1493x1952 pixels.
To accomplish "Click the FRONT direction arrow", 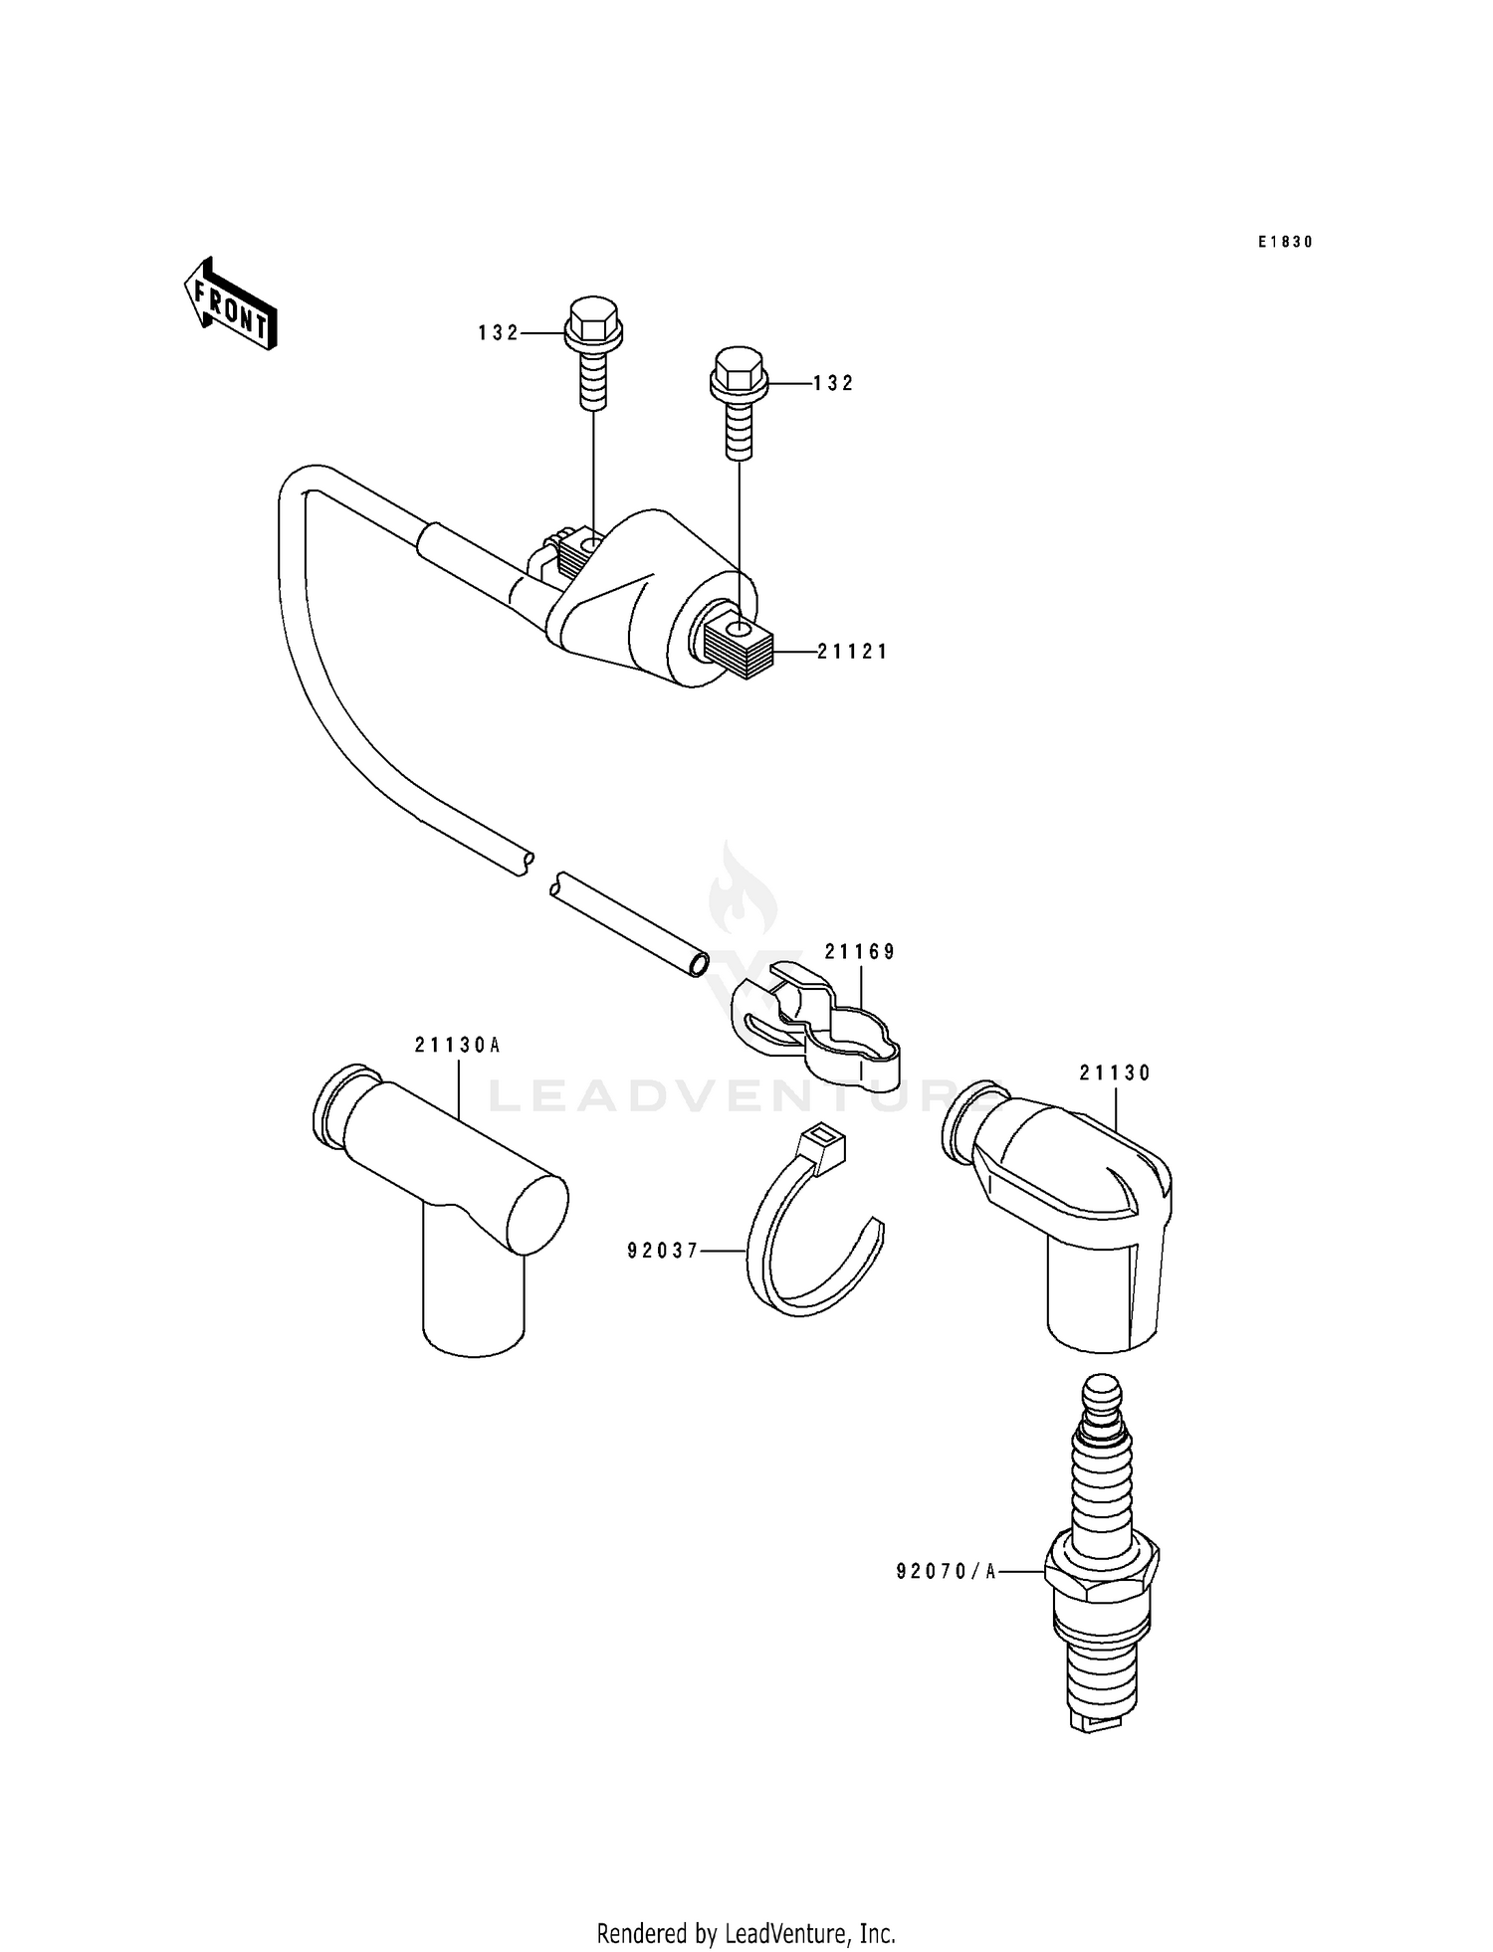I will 230,303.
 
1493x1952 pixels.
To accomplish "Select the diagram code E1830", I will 1285,242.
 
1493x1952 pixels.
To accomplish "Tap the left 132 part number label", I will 498,333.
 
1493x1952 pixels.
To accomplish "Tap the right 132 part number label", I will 833,383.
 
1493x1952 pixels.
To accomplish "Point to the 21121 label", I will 852,652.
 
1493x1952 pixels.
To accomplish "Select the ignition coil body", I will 647,597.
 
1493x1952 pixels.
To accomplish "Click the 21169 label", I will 860,952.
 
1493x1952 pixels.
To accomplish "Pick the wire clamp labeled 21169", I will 816,1025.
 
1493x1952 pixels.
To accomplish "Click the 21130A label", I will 458,1046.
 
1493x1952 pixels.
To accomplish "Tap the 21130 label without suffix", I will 1115,1074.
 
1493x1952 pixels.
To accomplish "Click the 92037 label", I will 663,1251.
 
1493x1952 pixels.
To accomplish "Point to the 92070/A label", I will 946,1571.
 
